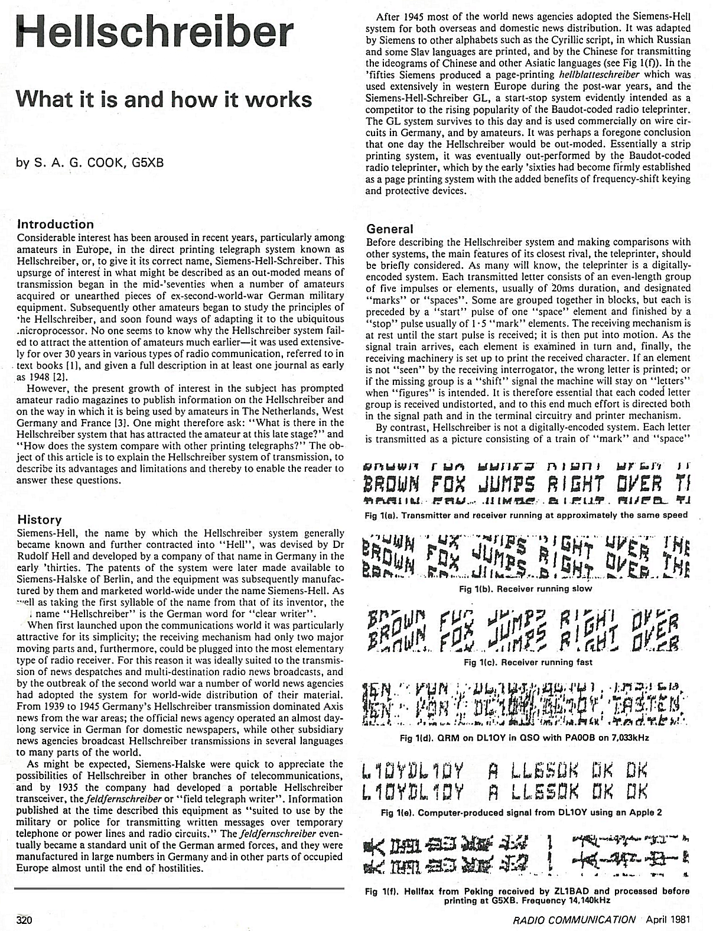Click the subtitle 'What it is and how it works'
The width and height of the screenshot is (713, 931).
click(164, 99)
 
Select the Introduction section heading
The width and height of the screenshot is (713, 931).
click(56, 224)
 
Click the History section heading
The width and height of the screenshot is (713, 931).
click(40, 520)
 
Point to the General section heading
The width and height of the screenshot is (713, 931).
click(390, 229)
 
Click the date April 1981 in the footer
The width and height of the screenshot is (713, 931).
click(668, 920)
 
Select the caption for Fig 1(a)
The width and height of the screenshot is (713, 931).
click(526, 515)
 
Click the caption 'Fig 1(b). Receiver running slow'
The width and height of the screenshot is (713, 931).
click(525, 589)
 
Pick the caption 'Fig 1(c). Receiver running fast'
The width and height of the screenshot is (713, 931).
click(528, 662)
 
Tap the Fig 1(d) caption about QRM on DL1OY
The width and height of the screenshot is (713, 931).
click(527, 738)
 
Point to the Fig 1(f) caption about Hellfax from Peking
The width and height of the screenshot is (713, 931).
click(527, 896)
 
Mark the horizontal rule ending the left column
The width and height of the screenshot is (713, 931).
click(179, 888)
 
